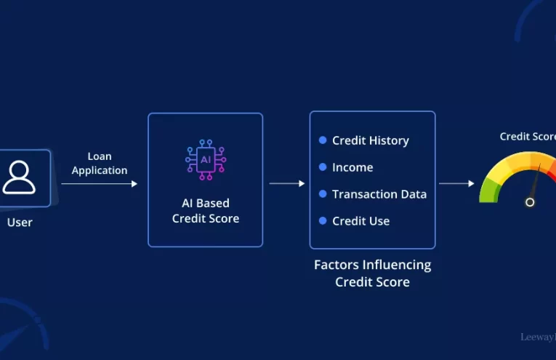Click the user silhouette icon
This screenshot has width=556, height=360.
18,177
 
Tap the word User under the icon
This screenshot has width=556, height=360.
20,223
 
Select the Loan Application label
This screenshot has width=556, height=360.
100,164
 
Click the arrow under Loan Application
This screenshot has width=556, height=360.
100,184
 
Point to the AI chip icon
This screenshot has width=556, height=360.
206,159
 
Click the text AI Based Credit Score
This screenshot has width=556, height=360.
206,211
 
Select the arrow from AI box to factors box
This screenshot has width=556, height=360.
287,183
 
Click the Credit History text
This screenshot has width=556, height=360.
370,140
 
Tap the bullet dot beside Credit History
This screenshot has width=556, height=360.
323,140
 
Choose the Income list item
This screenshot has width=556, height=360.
352,167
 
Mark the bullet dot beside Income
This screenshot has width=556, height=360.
323,167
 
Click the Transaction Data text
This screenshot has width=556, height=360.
379,194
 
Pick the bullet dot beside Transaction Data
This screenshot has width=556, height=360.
323,194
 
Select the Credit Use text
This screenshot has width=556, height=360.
360,221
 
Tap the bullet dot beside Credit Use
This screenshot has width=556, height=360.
323,221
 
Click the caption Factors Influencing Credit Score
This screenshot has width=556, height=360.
372,273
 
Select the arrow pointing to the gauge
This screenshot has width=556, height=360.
456,183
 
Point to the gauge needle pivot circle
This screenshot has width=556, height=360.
530,201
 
